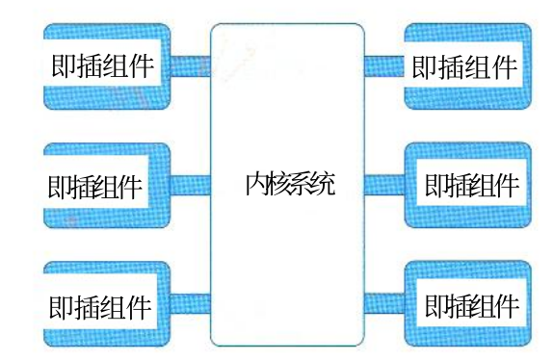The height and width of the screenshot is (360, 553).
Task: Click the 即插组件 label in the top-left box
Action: pos(103,65)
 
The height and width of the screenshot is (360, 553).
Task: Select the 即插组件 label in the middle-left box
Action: pos(94,187)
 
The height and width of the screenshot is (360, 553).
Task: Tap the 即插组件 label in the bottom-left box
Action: pos(100,307)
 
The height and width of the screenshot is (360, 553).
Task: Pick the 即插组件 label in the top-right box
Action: pos(464,67)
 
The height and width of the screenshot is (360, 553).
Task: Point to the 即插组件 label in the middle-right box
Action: pos(472,185)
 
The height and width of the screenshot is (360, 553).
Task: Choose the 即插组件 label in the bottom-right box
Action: pos(472,306)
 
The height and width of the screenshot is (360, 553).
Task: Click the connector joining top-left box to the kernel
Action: pos(191,66)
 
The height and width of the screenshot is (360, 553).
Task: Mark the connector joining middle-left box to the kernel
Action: pos(191,185)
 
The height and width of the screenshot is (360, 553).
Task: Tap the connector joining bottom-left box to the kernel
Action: pos(191,304)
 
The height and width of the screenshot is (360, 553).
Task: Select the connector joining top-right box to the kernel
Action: pos(384,66)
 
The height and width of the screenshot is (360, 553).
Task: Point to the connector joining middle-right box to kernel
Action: pos(384,185)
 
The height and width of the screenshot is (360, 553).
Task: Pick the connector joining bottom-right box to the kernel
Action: pos(384,304)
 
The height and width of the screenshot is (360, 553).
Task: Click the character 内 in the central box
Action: pos(256,184)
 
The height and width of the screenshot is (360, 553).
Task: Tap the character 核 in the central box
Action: pos(277,184)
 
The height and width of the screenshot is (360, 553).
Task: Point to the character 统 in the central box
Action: pos(322,184)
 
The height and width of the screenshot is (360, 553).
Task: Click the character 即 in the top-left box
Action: pos(64,65)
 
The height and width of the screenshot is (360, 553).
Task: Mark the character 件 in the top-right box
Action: pos(504,67)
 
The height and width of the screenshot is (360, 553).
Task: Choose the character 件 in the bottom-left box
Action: pos(140,307)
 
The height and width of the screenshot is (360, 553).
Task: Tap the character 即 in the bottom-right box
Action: pos(435,306)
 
